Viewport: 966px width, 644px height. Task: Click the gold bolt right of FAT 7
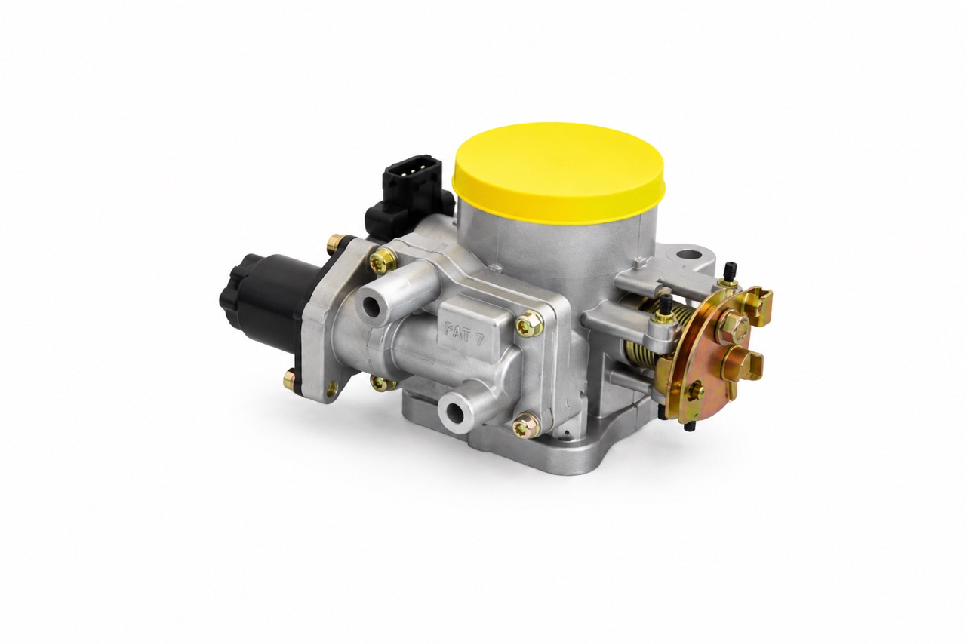pos(530,324)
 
